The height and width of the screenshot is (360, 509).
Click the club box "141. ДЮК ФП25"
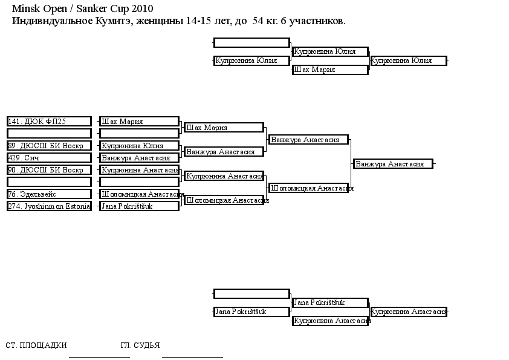pyautogui.click(x=49, y=122)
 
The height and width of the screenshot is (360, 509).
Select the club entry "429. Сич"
pyautogui.click(x=49, y=158)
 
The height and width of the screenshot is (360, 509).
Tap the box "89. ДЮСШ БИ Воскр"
pyautogui.click(x=49, y=146)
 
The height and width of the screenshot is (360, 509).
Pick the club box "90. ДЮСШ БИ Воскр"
pyautogui.click(x=49, y=170)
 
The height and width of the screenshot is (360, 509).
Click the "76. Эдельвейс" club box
pyautogui.click(x=49, y=194)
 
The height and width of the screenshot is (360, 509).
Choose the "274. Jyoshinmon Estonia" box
pyautogui.click(x=49, y=206)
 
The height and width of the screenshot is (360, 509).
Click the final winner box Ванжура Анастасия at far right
pyautogui.click(x=393, y=164)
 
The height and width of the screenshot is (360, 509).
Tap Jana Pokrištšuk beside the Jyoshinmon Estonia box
pyautogui.click(x=139, y=206)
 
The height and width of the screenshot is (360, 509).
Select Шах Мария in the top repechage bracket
pyautogui.click(x=330, y=70)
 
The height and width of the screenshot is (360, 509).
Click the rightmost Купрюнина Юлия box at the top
pyautogui.click(x=409, y=61)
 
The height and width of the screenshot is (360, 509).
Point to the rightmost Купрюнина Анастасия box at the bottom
pyautogui.click(x=409, y=312)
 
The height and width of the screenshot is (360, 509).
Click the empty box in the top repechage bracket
pyautogui.click(x=251, y=42)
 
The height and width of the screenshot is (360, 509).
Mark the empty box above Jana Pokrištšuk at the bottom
pyautogui.click(x=251, y=293)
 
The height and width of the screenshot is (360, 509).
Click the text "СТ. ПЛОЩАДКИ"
pyautogui.click(x=36, y=345)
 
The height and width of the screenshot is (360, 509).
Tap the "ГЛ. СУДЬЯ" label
pyautogui.click(x=140, y=345)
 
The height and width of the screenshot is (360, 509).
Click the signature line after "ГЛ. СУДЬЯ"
pyautogui.click(x=192, y=357)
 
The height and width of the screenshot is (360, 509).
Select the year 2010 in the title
pyautogui.click(x=142, y=8)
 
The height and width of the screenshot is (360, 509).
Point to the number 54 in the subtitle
pyautogui.click(x=258, y=21)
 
